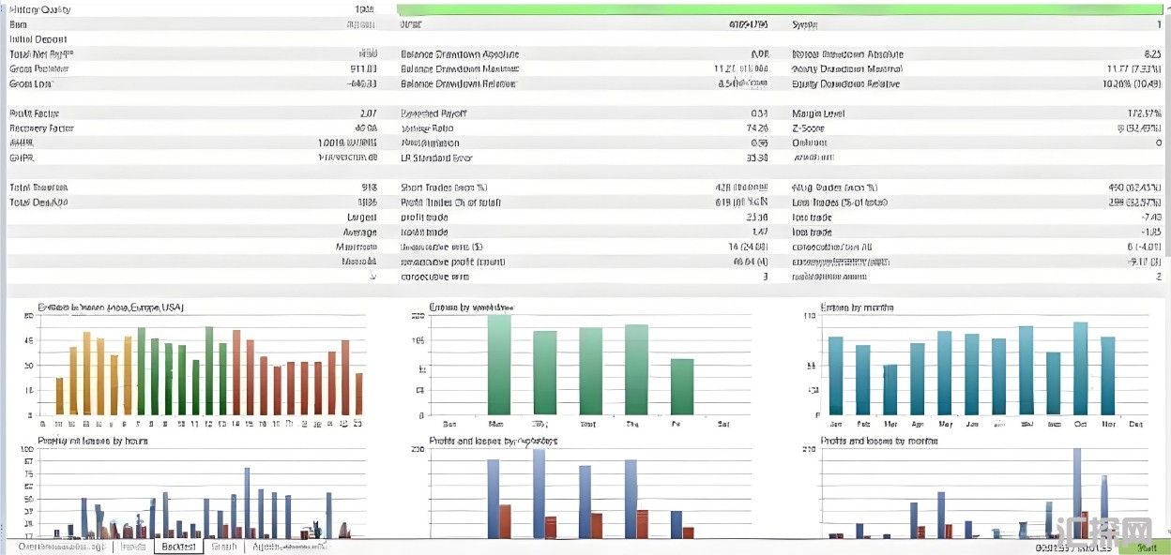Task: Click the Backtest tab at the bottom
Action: tap(178, 546)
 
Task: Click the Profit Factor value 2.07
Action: tap(367, 113)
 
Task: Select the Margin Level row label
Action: tap(818, 113)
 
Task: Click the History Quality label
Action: tap(39, 9)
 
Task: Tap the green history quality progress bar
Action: tap(779, 9)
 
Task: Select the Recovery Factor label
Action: tap(41, 128)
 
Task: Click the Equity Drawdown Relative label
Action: tap(845, 83)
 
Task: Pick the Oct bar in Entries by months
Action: tap(1080, 368)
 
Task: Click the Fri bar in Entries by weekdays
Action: tap(682, 386)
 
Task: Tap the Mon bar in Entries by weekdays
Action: tap(499, 365)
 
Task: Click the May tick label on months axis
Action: tap(944, 424)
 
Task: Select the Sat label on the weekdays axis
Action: tap(722, 424)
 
